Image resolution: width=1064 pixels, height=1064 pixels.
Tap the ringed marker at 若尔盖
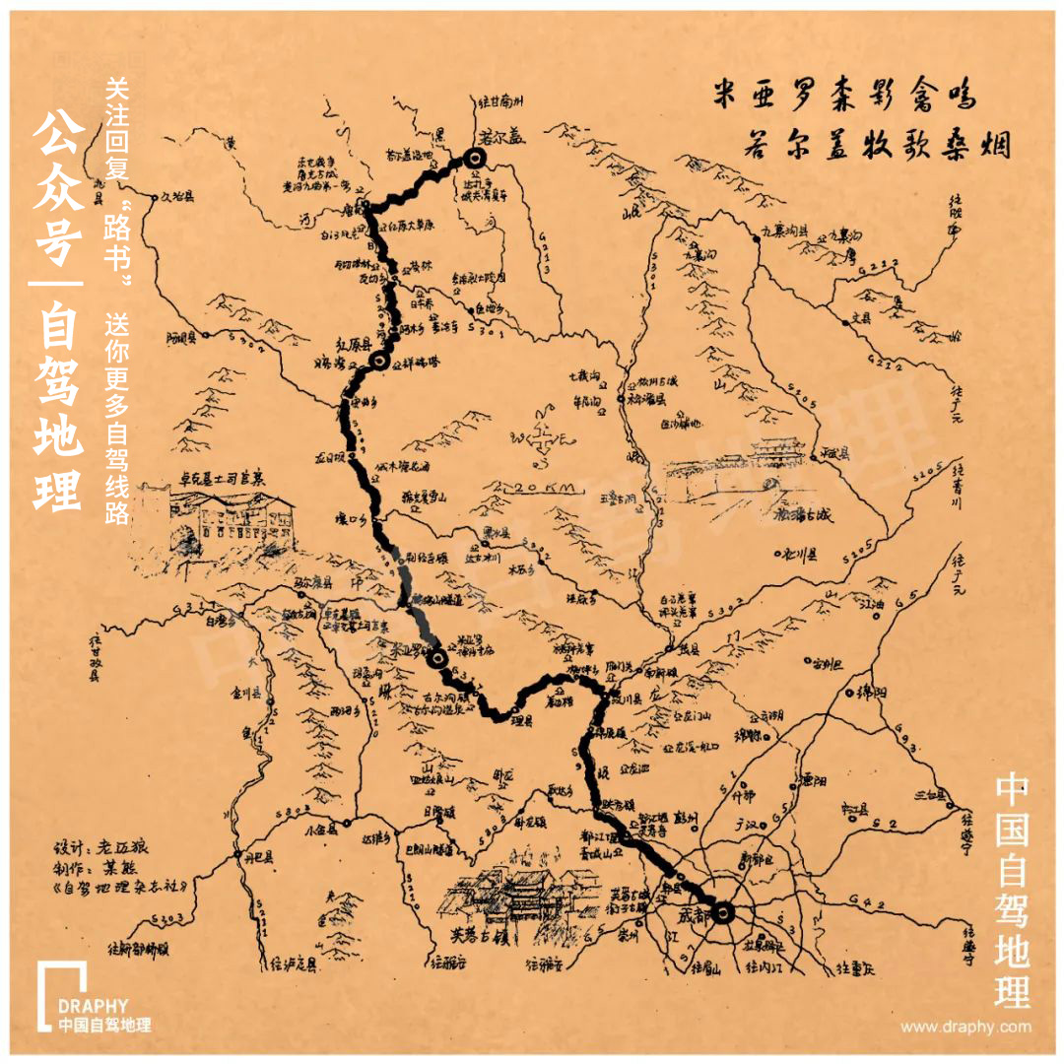[475, 160]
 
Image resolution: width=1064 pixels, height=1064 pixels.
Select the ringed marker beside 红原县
[380, 362]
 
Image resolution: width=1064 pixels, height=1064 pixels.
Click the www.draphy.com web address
[966, 1027]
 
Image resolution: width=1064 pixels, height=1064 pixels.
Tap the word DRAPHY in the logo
[93, 1006]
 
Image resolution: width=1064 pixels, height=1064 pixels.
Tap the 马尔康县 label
[313, 583]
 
